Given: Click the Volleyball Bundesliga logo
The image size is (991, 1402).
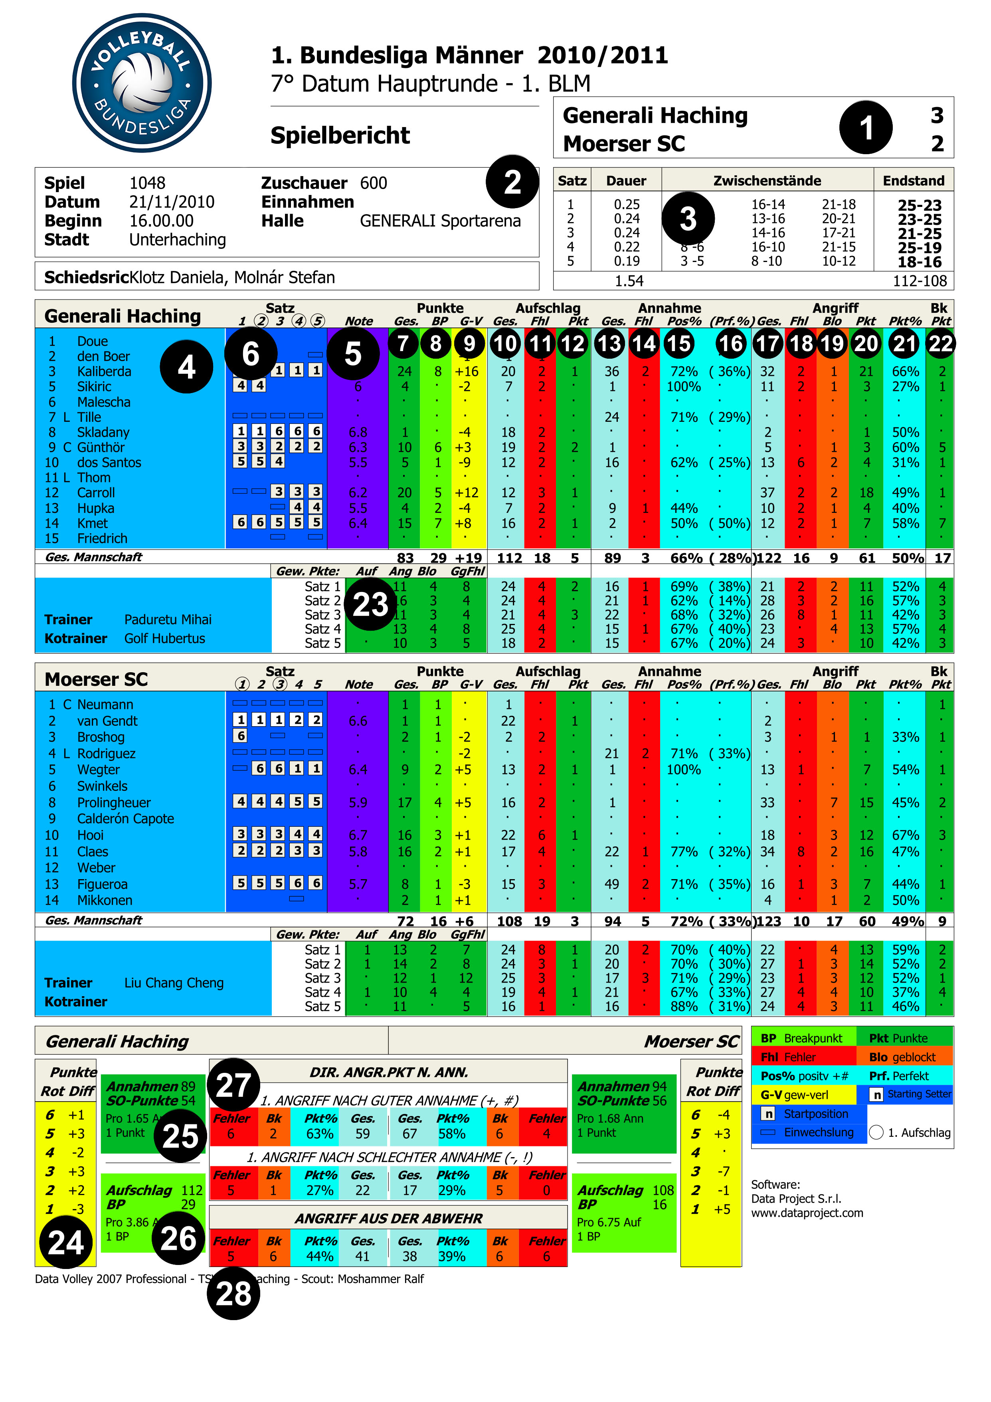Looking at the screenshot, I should click(x=142, y=83).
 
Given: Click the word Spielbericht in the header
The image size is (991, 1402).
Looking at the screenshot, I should click(x=340, y=135).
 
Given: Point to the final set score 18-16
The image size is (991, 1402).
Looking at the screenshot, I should click(x=919, y=262).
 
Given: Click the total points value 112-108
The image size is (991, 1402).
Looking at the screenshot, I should click(x=920, y=281).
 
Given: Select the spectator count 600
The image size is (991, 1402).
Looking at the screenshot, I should click(x=374, y=183).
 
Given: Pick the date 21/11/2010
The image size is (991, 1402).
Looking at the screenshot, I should click(x=172, y=202).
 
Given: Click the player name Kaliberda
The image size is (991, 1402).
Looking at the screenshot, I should click(x=104, y=371).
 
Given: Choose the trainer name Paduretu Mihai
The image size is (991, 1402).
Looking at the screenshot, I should click(x=168, y=620).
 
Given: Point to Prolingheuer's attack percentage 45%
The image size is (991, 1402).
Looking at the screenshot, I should click(x=905, y=802).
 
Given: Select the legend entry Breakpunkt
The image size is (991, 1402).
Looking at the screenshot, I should click(x=812, y=1039).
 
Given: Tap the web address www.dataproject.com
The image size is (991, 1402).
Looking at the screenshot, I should click(x=807, y=1213).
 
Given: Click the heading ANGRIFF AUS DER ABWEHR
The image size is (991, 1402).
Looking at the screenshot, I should click(x=389, y=1218).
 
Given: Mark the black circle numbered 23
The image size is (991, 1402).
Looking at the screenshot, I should click(x=370, y=604).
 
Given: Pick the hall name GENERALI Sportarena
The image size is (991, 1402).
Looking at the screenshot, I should click(x=440, y=221).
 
